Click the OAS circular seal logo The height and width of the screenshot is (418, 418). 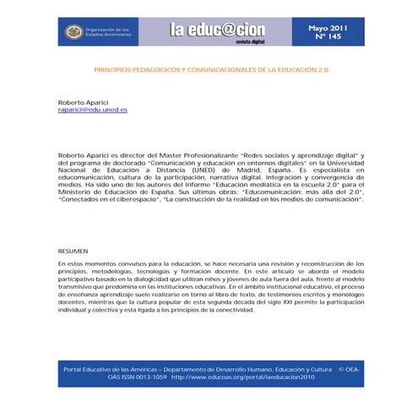[x=74, y=31]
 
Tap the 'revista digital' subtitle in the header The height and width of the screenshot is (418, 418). [x=251, y=40]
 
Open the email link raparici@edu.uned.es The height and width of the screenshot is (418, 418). [x=93, y=110]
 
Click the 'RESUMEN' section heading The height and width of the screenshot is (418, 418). [x=72, y=252]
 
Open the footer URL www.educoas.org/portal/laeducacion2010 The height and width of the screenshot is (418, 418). [x=242, y=377]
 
